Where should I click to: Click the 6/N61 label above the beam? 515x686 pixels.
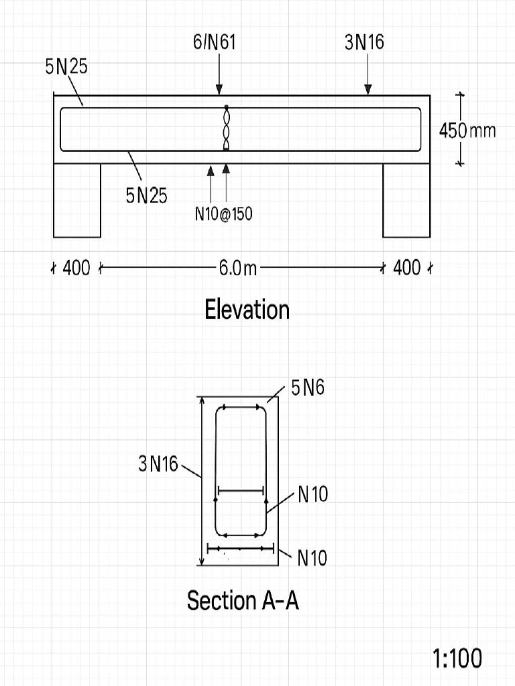click(x=215, y=43)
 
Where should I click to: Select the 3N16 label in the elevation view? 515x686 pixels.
click(x=364, y=43)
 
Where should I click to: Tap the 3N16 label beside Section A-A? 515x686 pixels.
click(x=158, y=463)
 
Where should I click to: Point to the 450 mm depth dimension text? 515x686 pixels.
click(x=467, y=130)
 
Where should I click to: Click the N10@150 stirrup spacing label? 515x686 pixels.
click(x=223, y=214)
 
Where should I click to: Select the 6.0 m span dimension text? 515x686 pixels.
click(x=237, y=269)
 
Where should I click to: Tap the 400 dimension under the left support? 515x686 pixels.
click(x=76, y=269)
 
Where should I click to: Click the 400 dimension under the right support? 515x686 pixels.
click(x=407, y=269)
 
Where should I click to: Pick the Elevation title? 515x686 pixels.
click(x=247, y=310)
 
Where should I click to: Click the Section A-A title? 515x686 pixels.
click(x=243, y=600)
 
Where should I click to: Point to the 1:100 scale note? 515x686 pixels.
click(x=457, y=659)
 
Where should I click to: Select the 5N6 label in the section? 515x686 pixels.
click(x=308, y=388)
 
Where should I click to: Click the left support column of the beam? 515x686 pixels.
click(x=77, y=200)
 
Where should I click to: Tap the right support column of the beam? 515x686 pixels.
click(x=406, y=200)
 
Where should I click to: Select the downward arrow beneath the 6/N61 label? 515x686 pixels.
click(x=219, y=74)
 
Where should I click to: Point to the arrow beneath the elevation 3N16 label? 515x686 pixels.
click(x=368, y=74)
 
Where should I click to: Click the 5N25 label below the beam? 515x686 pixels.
click(x=146, y=196)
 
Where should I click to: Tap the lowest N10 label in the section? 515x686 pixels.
click(x=312, y=558)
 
